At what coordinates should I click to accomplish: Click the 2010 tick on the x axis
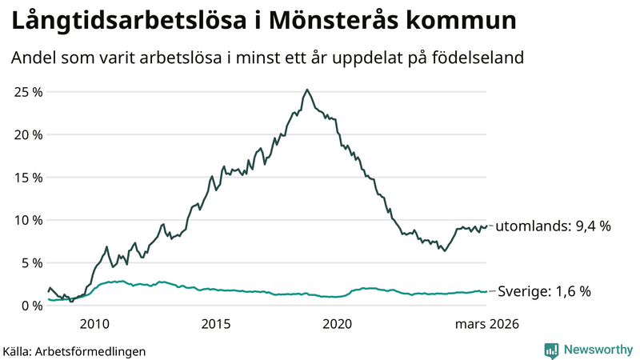[94, 324]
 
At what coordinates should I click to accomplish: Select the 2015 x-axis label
[216, 324]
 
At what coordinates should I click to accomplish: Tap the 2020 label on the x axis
[337, 324]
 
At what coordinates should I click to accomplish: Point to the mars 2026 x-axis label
[487, 324]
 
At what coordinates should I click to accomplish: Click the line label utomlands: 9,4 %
[553, 226]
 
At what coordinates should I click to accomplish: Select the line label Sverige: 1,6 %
[544, 291]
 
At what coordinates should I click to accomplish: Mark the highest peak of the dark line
[307, 90]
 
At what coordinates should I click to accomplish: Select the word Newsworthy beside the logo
[597, 350]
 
